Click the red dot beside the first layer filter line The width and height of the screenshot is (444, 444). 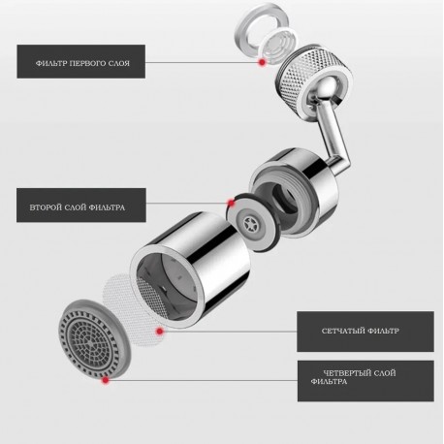click(262, 61)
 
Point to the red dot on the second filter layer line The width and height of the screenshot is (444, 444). click(230, 205)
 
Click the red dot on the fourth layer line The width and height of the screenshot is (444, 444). click(105, 380)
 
